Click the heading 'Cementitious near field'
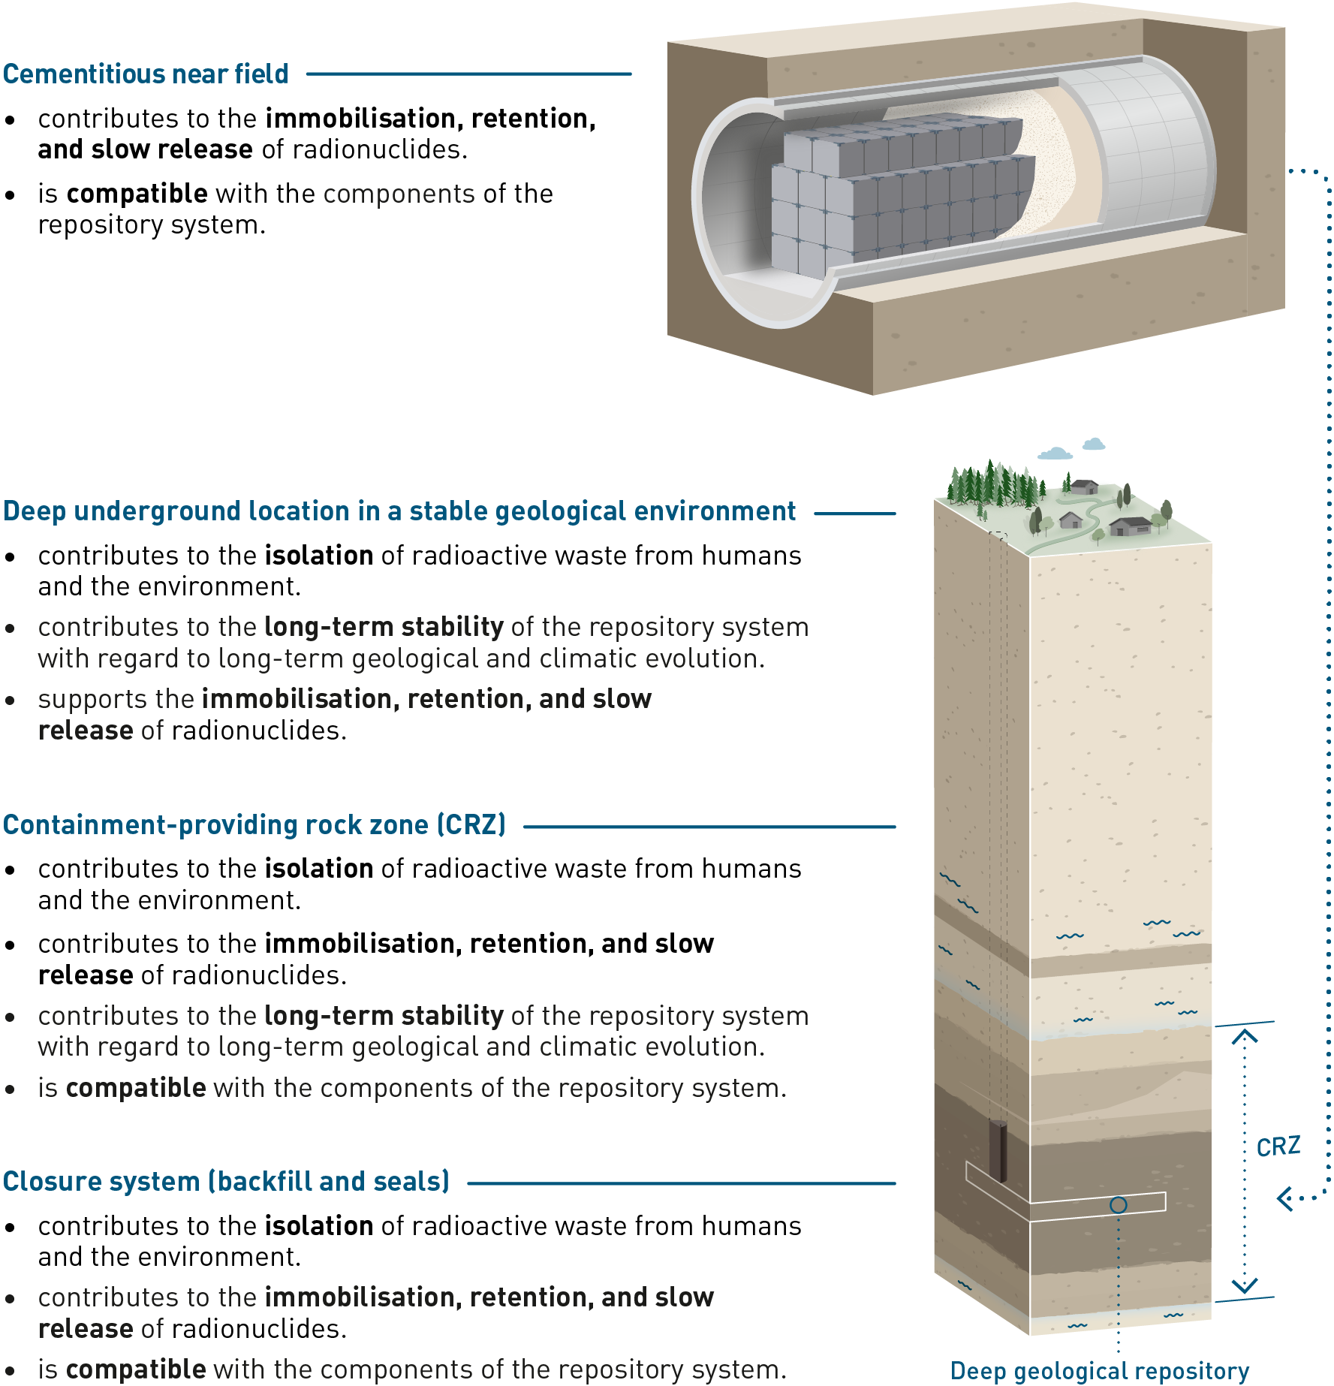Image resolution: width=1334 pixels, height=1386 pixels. (x=146, y=74)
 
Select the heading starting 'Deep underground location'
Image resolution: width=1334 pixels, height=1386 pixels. (x=399, y=511)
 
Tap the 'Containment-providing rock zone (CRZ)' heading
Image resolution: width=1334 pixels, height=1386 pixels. (x=254, y=824)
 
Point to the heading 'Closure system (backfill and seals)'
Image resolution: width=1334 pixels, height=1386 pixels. (x=226, y=1181)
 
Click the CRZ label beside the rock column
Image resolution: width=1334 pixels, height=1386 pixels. (x=1278, y=1146)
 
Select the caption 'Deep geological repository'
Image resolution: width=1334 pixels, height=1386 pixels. (x=1099, y=1371)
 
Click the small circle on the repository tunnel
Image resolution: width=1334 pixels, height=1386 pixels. (x=1118, y=1205)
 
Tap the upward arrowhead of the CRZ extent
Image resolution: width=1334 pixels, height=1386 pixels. (x=1244, y=1038)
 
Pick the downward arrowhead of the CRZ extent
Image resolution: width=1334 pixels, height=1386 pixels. (x=1244, y=1285)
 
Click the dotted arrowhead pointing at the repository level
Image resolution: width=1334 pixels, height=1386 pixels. (x=1285, y=1198)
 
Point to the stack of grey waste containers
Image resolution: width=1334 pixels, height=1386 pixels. (x=901, y=195)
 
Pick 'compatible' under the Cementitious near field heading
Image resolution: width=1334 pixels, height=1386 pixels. (x=137, y=194)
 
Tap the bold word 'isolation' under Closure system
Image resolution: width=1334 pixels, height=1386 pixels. (x=319, y=1226)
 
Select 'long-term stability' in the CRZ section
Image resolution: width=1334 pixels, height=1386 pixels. (x=384, y=1016)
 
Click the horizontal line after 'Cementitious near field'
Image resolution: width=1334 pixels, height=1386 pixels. (x=468, y=74)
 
